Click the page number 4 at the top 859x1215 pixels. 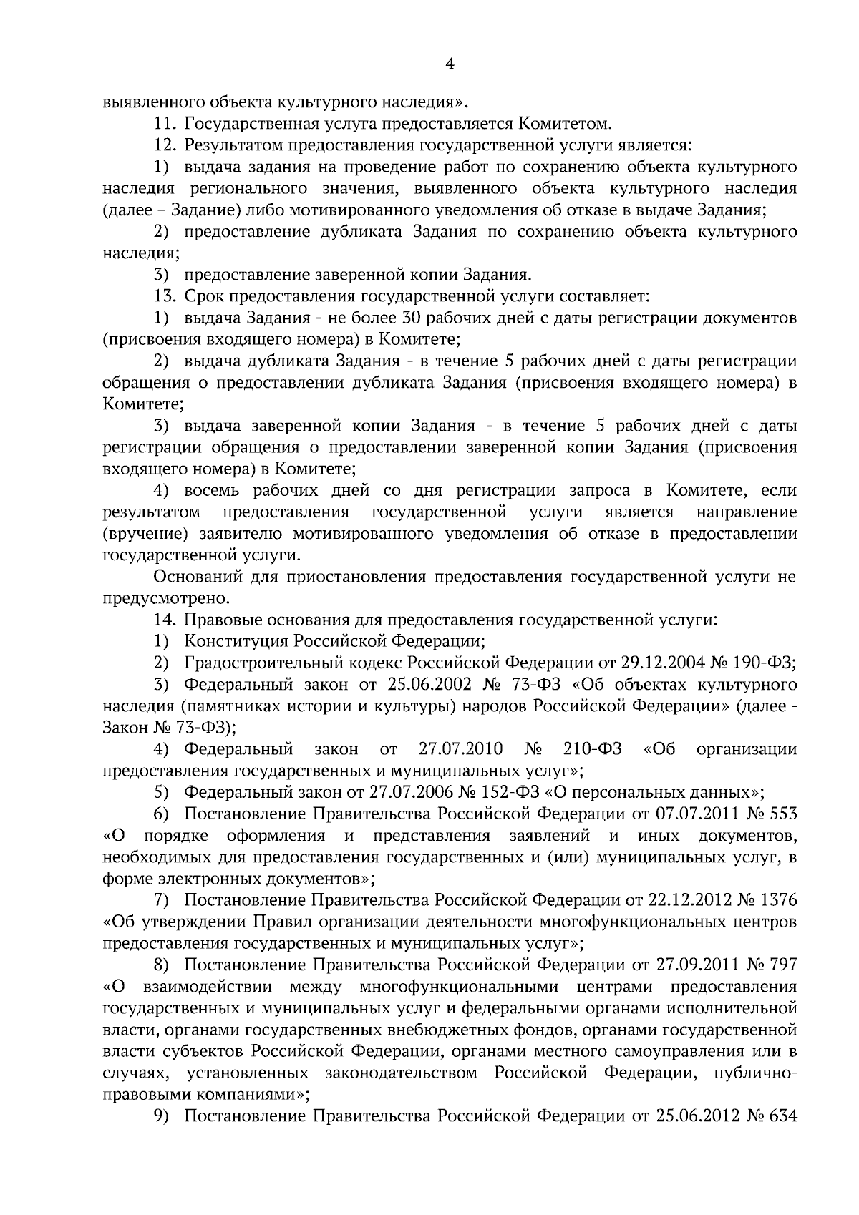(450, 64)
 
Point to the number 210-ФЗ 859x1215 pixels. (592, 749)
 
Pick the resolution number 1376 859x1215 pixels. (777, 899)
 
